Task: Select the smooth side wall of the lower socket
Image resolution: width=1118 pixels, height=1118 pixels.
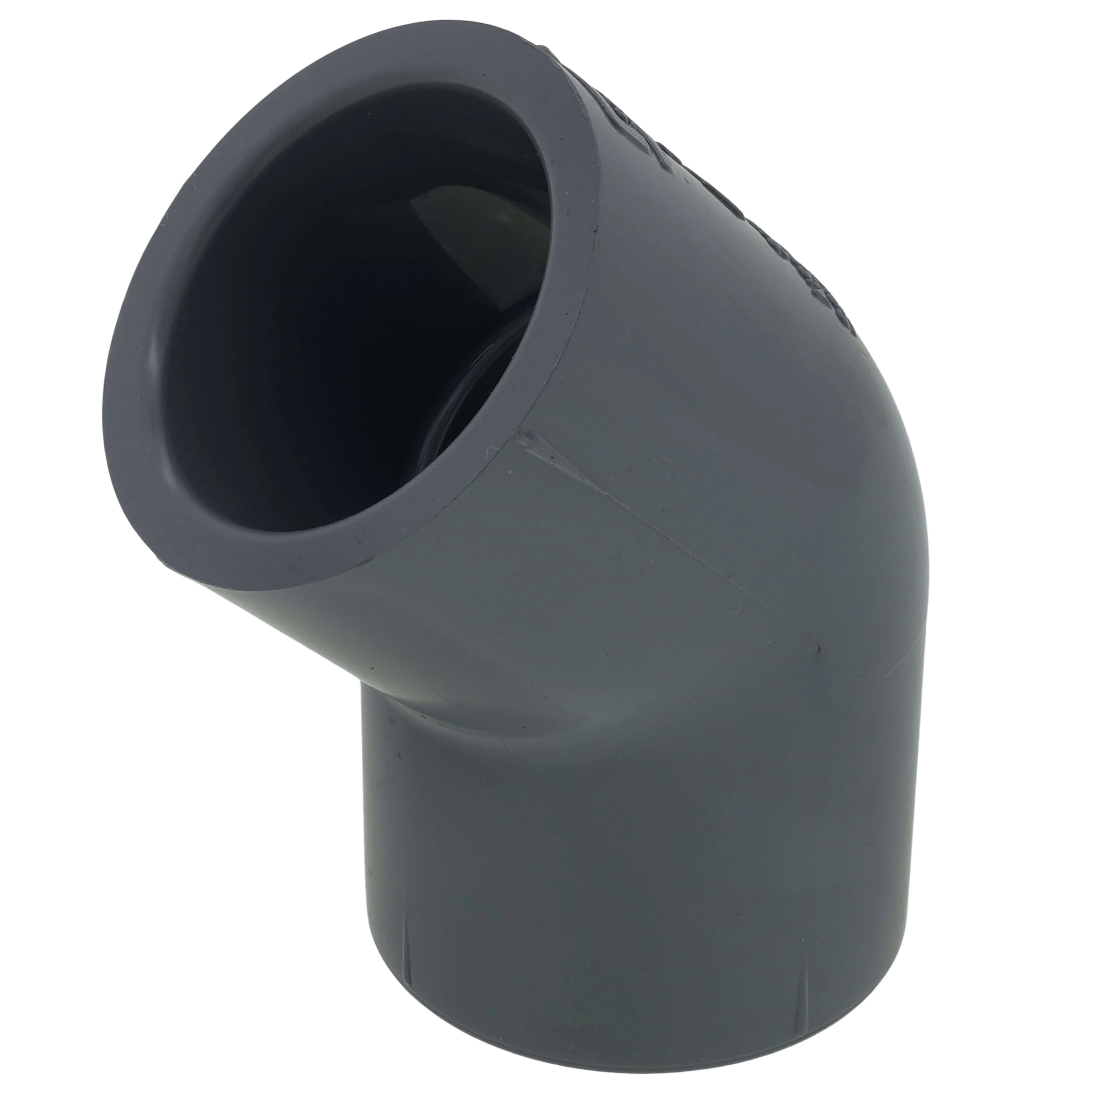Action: coord(579,868)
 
